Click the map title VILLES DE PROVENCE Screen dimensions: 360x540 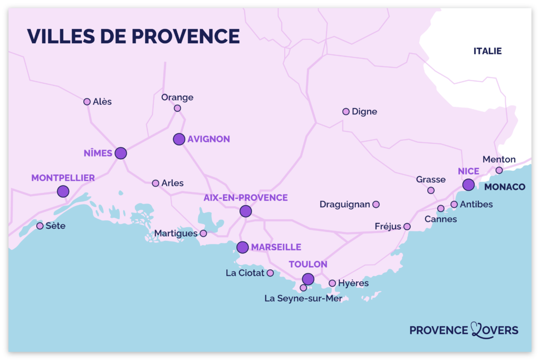pyautogui.click(x=133, y=36)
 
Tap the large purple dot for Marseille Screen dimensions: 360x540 pyautogui.click(x=243, y=247)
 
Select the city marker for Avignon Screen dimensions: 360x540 pyautogui.click(x=179, y=139)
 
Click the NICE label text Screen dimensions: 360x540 pyautogui.click(x=468, y=171)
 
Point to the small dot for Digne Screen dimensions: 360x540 pyautogui.click(x=346, y=112)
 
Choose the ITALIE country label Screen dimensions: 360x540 pyautogui.click(x=487, y=51)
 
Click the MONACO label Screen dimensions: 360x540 pyautogui.click(x=505, y=187)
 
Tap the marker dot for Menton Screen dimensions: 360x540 pyautogui.click(x=499, y=170)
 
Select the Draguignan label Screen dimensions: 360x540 pyautogui.click(x=345, y=205)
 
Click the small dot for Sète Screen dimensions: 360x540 pyautogui.click(x=40, y=226)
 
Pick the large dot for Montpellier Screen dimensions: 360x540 pyautogui.click(x=63, y=191)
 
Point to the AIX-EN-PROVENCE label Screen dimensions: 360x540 pyautogui.click(x=246, y=198)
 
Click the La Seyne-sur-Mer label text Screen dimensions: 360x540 pyautogui.click(x=303, y=299)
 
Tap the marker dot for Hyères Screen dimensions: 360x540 pyautogui.click(x=332, y=284)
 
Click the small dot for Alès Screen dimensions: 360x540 pyautogui.click(x=87, y=102)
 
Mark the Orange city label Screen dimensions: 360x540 pyautogui.click(x=177, y=98)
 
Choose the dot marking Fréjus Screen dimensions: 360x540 pyautogui.click(x=407, y=227)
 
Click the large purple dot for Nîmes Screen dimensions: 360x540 pyautogui.click(x=121, y=153)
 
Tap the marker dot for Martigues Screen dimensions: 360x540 pyautogui.click(x=203, y=233)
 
